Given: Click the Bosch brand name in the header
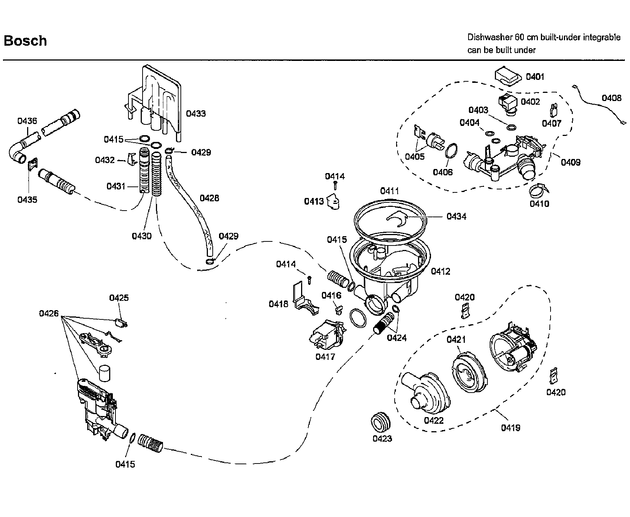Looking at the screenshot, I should point(25,40).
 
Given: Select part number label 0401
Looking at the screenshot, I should point(535,77).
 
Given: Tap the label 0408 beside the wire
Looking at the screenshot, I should point(611,98).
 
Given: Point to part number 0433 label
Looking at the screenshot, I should point(196,114).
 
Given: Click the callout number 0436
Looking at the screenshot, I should point(27,121).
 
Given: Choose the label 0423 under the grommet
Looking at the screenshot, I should point(382,439).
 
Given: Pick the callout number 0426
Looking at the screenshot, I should point(49,313).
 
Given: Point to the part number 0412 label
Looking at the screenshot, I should point(440,271).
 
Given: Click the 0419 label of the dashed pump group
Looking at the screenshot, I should point(510,428).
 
